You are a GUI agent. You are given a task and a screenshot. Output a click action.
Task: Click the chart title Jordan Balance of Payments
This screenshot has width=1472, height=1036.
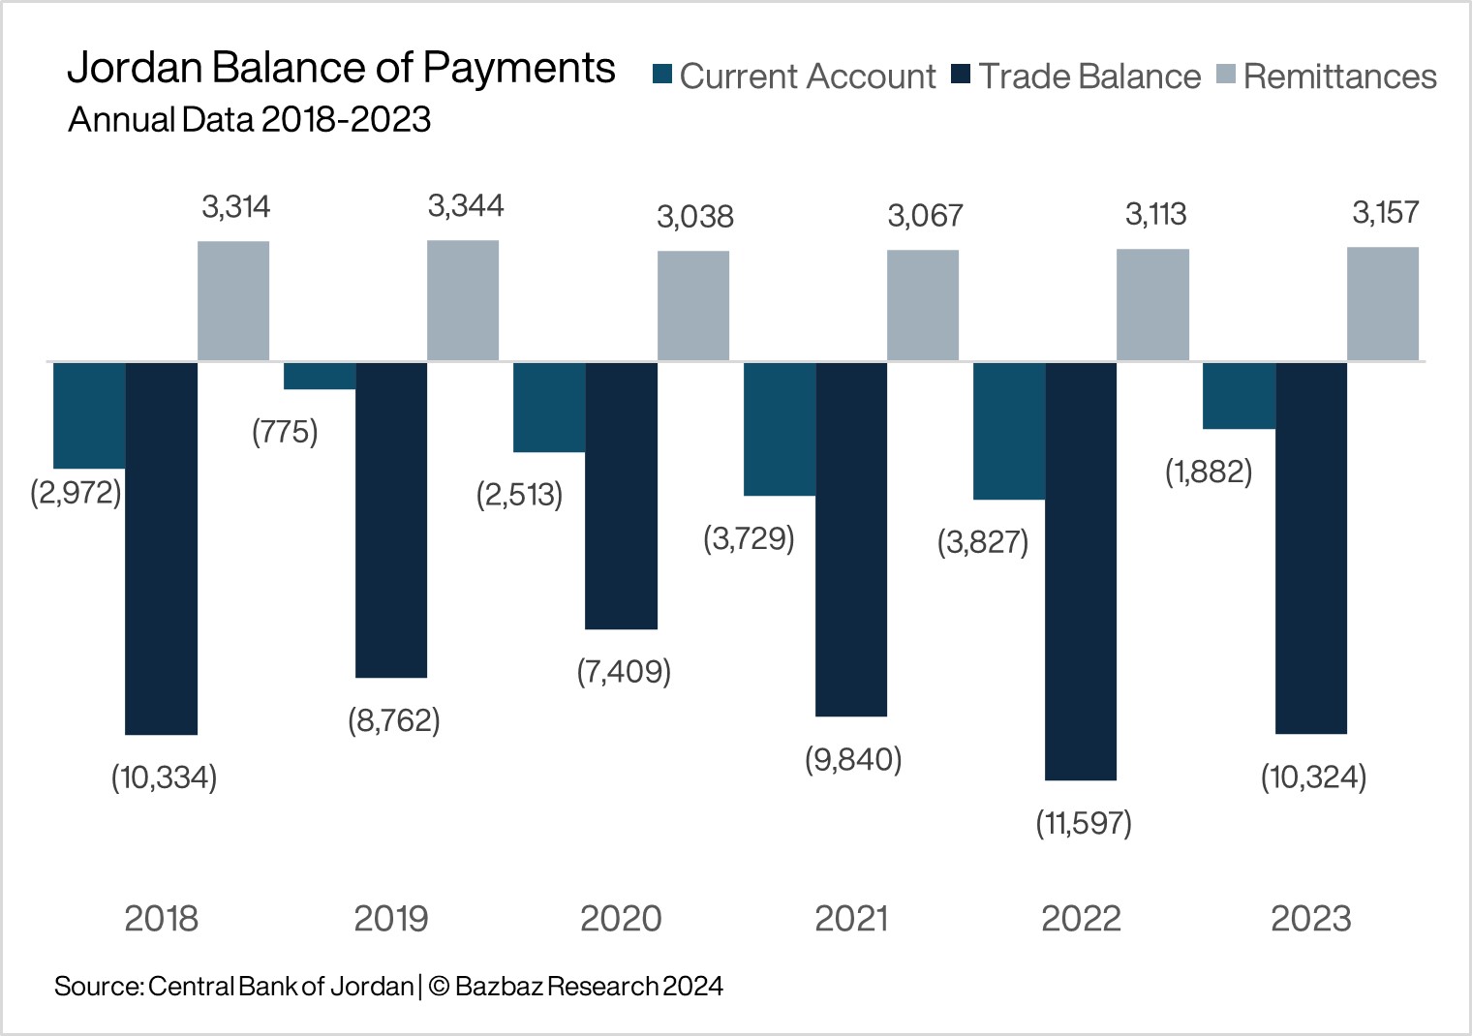point(341,69)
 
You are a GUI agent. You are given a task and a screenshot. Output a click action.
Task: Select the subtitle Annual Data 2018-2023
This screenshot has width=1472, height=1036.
point(249,120)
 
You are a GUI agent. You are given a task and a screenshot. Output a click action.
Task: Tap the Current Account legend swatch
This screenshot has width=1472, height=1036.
point(662,75)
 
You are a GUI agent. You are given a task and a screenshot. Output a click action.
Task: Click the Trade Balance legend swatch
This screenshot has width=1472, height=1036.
point(961,75)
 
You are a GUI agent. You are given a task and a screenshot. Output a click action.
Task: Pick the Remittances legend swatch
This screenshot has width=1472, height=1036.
point(1225,75)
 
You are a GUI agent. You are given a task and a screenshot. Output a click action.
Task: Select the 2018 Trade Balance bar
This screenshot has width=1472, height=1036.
point(162,547)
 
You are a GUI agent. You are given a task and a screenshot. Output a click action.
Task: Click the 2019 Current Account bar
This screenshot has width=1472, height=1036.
point(320,376)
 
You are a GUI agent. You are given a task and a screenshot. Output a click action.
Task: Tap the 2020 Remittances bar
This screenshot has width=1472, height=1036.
point(693,306)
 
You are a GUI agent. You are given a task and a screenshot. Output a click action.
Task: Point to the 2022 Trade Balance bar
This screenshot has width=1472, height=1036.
point(1081,570)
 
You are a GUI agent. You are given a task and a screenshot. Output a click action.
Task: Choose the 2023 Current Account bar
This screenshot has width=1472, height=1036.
point(1239,395)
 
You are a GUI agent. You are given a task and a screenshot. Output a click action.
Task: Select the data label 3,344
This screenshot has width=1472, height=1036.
point(466,206)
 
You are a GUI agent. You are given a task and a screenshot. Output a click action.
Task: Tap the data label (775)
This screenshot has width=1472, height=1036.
point(285,432)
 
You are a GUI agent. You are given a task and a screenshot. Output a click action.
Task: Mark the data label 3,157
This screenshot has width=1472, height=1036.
point(1385,213)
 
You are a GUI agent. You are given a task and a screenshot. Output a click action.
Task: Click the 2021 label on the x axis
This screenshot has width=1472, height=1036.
point(851,918)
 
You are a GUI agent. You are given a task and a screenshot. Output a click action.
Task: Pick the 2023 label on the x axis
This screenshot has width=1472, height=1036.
point(1310,918)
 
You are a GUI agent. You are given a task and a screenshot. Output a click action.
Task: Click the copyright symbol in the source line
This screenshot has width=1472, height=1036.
point(439,987)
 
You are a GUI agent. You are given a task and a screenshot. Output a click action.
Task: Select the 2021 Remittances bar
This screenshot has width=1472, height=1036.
point(923,305)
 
